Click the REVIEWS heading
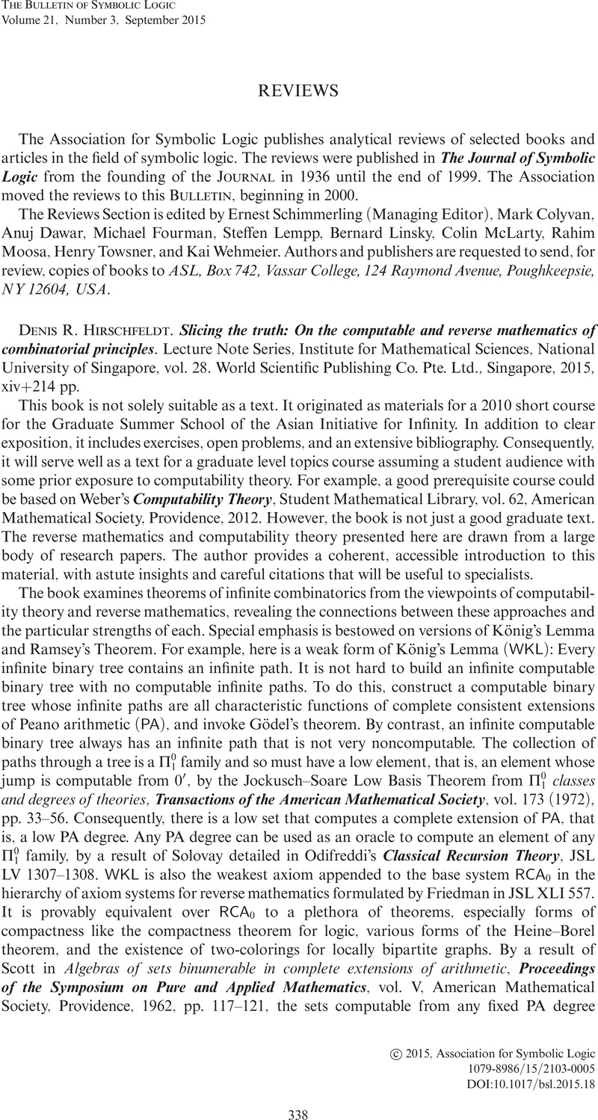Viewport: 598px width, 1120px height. [299, 91]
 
